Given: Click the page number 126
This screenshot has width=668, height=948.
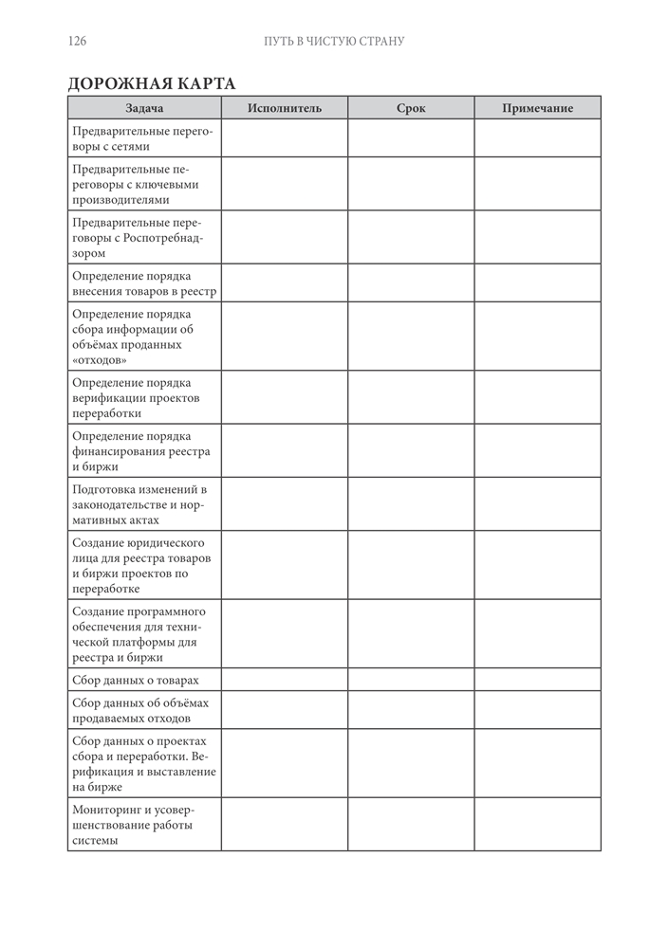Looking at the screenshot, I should (78, 41).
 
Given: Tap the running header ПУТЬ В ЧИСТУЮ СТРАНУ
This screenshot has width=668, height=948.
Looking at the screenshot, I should (334, 41).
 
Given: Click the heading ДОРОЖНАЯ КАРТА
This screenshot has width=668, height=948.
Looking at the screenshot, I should (152, 82).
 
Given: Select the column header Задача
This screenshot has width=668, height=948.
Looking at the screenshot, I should (144, 108).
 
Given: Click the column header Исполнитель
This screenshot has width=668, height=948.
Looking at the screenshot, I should (285, 108).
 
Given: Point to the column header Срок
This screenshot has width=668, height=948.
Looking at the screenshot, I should (411, 108).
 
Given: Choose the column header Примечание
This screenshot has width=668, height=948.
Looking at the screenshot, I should (537, 108).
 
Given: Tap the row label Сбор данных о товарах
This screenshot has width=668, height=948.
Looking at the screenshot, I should (135, 680).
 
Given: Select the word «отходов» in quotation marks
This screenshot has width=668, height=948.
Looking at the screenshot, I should (100, 360).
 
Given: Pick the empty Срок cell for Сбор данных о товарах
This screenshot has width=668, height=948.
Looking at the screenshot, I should (411, 680).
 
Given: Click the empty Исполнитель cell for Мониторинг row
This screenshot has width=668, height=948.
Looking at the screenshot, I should (285, 824).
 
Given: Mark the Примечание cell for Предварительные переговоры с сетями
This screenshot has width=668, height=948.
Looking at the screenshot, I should (537, 138).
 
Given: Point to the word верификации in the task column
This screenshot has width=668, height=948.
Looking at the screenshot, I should (109, 398).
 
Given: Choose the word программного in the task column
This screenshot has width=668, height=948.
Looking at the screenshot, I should (166, 611).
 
